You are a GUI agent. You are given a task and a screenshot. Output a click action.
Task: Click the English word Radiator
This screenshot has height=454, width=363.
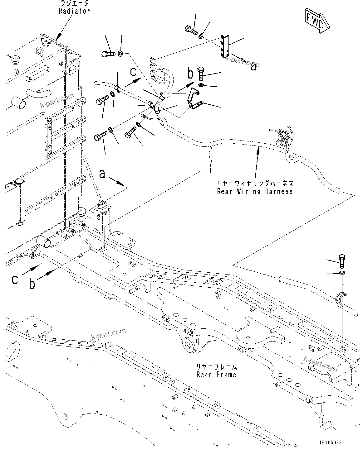click(74, 11)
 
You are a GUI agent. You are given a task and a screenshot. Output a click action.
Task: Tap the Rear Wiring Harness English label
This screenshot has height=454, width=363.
click(255, 191)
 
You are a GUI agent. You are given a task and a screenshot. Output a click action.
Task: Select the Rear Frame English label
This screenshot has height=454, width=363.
click(216, 374)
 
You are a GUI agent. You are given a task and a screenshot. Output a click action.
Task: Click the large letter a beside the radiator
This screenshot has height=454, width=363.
click(102, 174)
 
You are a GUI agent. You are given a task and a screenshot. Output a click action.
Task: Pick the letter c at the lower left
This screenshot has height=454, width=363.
click(15, 279)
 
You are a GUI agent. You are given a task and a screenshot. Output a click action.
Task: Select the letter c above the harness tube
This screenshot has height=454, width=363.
click(133, 72)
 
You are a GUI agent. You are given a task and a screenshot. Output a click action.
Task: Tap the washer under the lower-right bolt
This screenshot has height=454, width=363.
click(342, 273)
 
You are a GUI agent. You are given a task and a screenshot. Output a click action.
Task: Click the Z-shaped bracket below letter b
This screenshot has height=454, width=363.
click(194, 100)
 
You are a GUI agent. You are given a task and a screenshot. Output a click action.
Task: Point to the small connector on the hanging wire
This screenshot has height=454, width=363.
click(212, 170)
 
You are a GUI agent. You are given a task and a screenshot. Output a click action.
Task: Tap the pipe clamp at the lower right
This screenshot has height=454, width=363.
click(341, 298)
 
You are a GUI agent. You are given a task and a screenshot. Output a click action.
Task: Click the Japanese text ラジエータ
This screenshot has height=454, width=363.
click(74, 3)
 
